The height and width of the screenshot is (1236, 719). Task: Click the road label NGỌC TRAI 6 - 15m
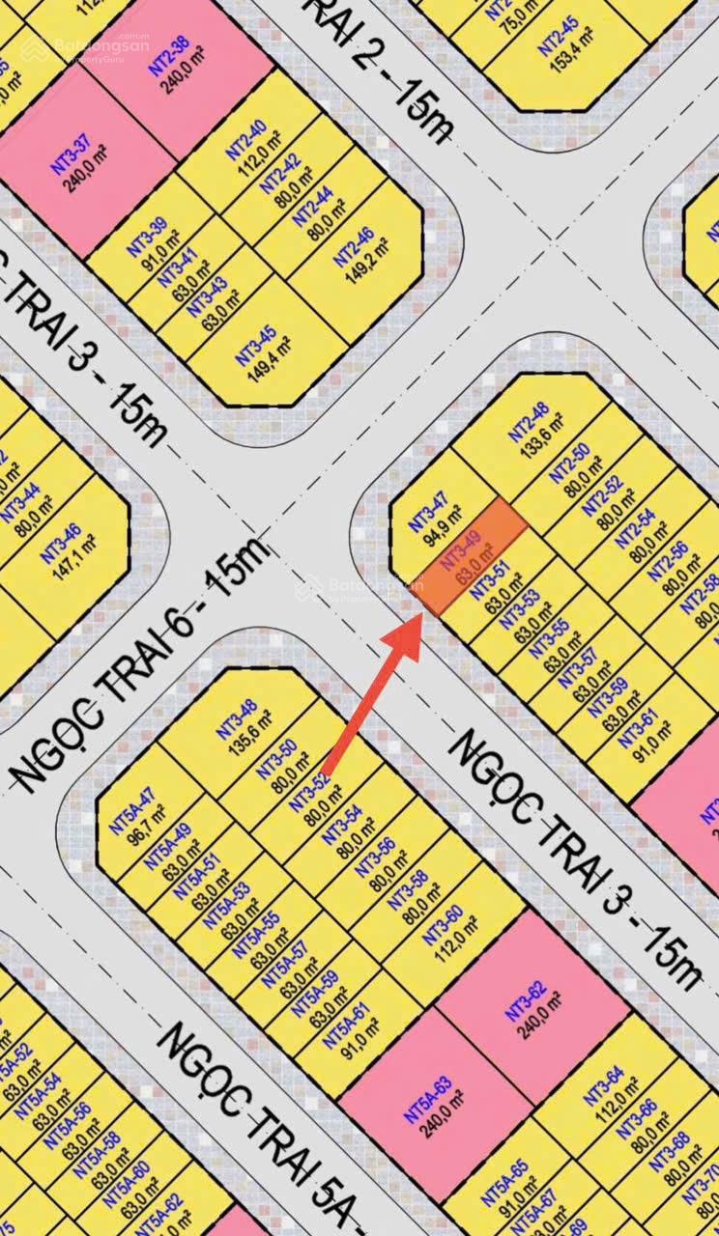(135, 665)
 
